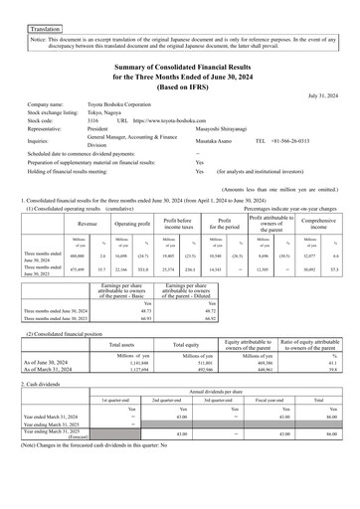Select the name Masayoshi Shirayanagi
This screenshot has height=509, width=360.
pos(232,132)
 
